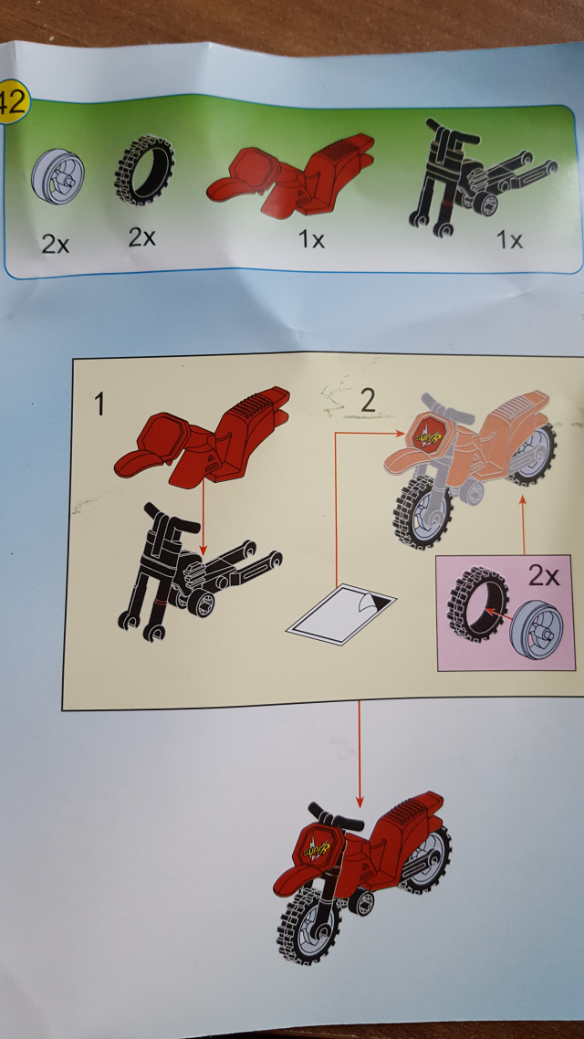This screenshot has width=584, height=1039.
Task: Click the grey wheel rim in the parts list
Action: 57,176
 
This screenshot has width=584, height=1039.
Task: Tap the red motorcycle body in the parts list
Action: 290,175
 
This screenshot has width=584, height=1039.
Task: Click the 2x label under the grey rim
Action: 55,245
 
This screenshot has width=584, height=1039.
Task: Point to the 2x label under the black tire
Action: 141,237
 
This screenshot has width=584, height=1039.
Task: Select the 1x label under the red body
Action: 310,239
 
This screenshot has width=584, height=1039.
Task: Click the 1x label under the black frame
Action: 510,240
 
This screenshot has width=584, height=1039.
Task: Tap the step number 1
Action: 100,404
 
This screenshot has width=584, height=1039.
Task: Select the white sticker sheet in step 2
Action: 341,614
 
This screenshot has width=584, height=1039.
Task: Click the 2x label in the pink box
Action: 544,576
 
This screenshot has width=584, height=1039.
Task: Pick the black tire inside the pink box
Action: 475,600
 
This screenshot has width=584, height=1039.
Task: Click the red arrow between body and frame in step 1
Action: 203,517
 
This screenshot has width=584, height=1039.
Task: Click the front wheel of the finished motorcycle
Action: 308,924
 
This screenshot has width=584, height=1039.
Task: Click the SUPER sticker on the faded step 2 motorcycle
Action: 426,435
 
